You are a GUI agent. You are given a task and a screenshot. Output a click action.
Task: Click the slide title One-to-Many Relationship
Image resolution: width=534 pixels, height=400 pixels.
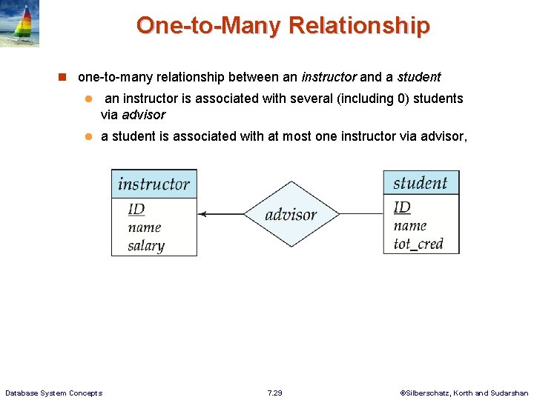click(283, 26)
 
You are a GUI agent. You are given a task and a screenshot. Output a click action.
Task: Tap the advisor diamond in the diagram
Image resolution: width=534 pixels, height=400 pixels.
click(291, 215)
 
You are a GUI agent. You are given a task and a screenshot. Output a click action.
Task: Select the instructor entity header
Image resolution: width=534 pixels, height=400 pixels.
click(154, 184)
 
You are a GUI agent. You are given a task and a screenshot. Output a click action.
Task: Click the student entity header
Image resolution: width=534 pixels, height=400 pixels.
click(421, 183)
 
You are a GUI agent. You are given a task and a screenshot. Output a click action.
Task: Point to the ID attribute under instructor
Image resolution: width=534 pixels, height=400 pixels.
click(136, 210)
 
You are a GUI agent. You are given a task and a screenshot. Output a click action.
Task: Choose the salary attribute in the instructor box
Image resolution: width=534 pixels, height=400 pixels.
click(145, 246)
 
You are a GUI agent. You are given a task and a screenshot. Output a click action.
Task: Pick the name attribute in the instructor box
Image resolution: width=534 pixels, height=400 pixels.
click(144, 227)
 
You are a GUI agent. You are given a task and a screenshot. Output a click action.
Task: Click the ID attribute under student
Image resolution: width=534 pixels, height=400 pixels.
click(401, 207)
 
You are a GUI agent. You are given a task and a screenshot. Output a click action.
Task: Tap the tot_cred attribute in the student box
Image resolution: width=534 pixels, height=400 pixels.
click(418, 244)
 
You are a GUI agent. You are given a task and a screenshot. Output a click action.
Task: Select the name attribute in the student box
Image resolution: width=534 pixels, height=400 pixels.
click(410, 226)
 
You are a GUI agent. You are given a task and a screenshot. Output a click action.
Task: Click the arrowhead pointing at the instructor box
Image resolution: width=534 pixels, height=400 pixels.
click(203, 215)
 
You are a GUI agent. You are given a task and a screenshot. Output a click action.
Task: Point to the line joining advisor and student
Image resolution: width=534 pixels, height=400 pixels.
click(360, 214)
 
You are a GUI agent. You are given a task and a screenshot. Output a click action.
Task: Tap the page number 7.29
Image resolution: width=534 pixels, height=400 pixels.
click(274, 393)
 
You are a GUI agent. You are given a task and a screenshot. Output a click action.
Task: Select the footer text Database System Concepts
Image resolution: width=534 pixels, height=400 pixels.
click(53, 393)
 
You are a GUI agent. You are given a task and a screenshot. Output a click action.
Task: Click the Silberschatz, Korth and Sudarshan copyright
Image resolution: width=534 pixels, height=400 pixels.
click(464, 393)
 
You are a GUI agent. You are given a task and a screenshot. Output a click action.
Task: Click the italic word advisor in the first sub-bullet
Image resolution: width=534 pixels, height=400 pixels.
click(143, 115)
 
